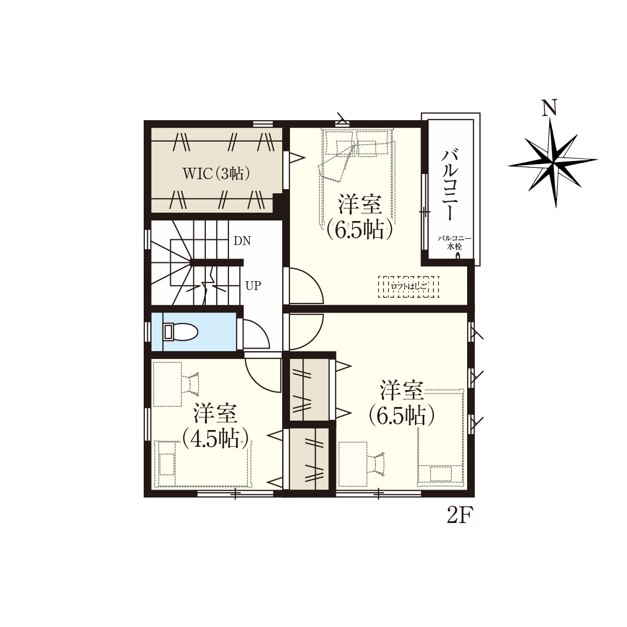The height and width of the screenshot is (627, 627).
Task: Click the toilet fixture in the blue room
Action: (x=180, y=332)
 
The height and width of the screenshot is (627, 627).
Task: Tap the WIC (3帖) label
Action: (x=216, y=174)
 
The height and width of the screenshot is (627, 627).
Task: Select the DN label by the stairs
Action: (x=242, y=241)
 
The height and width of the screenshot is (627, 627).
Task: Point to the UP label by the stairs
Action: (x=253, y=286)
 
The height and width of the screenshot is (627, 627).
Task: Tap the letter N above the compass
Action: (x=550, y=108)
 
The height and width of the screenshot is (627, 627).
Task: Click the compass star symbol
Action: (x=553, y=162)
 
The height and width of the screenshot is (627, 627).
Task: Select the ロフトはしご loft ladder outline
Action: (x=409, y=287)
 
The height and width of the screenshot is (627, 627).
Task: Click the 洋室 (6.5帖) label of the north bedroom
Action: (x=360, y=217)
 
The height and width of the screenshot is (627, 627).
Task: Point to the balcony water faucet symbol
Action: (x=458, y=256)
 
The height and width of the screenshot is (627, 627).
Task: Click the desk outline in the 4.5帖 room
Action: (x=167, y=384)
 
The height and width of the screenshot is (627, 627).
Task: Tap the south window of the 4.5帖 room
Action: (x=235, y=494)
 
